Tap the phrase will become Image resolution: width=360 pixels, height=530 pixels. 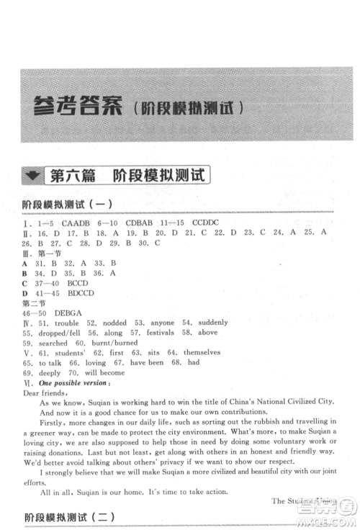coord(105,374)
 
